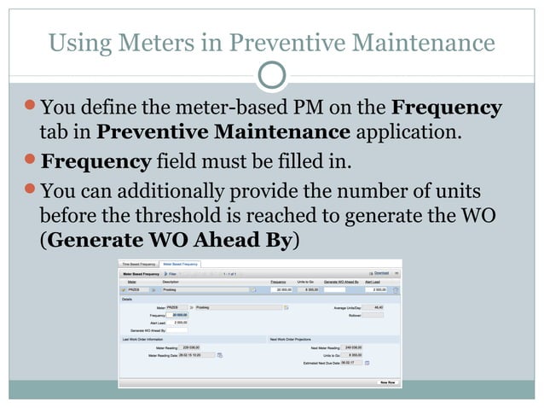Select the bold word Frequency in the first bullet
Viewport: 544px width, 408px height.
(446, 108)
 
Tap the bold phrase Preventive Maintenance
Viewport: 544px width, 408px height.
(224, 132)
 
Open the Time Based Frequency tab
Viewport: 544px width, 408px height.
(139, 265)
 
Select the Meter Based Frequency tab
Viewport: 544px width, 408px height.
(179, 265)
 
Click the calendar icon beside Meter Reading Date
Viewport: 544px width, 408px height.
(219, 355)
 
